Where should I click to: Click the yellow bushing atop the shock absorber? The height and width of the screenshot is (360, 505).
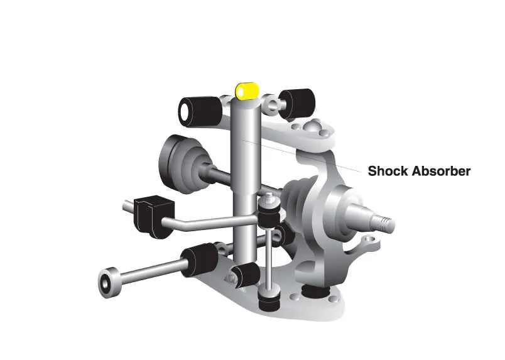[247, 91]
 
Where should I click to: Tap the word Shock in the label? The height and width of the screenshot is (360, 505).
[388, 171]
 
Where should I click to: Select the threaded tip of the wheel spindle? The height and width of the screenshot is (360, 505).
[387, 223]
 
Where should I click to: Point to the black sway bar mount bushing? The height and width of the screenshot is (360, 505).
[153, 216]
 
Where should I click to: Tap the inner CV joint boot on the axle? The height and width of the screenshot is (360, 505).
[183, 165]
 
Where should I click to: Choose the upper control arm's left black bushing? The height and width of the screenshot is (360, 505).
[200, 111]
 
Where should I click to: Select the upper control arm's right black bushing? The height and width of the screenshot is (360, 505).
[297, 103]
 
